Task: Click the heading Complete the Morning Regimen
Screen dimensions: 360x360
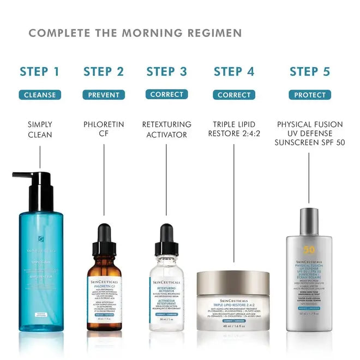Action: [135, 33]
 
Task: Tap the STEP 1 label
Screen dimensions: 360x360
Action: [39, 71]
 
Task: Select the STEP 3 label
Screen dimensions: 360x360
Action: [167, 71]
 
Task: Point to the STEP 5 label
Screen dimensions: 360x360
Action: [310, 71]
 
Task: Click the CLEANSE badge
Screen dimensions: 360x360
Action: [40, 95]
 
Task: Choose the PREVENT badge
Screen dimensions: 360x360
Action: [104, 95]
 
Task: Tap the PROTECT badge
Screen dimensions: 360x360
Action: [310, 95]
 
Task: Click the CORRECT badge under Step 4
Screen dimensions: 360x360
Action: [233, 95]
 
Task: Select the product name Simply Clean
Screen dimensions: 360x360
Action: [40, 129]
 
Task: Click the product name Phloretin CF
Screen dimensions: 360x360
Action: [104, 129]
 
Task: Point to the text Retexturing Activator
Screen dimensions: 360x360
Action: [167, 129]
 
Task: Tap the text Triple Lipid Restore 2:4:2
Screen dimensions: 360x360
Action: [233, 129]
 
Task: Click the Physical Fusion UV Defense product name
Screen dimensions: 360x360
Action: [310, 134]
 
